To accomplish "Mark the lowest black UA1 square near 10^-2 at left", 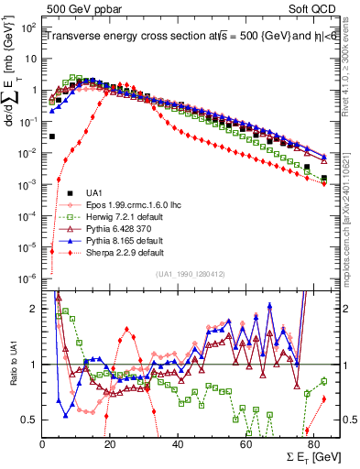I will pos(52,136).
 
